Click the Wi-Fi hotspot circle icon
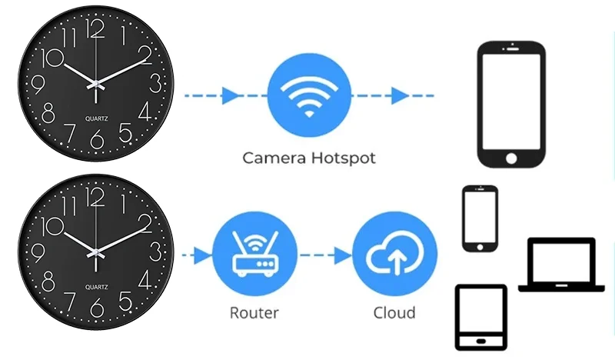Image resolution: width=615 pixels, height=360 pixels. pyautogui.click(x=309, y=95)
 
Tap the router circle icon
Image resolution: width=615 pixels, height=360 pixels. pyautogui.click(x=254, y=254)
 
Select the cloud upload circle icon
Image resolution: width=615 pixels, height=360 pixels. pyautogui.click(x=394, y=254)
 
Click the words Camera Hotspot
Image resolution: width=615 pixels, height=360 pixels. pyautogui.click(x=309, y=158)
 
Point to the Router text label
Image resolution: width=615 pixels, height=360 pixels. pyautogui.click(x=254, y=313)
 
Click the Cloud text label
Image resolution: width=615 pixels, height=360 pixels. pyautogui.click(x=394, y=313)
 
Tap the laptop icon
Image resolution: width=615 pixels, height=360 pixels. pyautogui.click(x=561, y=265)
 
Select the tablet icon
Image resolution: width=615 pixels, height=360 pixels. pyautogui.click(x=481, y=317)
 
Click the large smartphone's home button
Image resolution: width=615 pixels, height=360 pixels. pyautogui.click(x=511, y=158)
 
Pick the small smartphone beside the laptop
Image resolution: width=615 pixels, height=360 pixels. pyautogui.click(x=480, y=218)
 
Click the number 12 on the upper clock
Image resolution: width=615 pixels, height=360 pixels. pyautogui.click(x=95, y=28)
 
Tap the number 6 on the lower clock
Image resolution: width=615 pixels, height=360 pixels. pyautogui.click(x=97, y=308)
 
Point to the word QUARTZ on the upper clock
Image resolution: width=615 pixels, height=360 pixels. pyautogui.click(x=97, y=118)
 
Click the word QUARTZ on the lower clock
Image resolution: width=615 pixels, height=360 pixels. pyautogui.click(x=97, y=287)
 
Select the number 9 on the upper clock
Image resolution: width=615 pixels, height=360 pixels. pyautogui.click(x=38, y=85)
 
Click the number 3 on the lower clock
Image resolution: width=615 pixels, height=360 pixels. pyautogui.click(x=155, y=252)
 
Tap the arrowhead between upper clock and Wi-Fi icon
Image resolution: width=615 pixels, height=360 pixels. pyautogui.click(x=230, y=95)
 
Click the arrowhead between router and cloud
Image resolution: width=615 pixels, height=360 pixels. pyautogui.click(x=343, y=255)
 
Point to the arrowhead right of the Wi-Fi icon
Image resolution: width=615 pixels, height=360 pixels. pyautogui.click(x=400, y=95)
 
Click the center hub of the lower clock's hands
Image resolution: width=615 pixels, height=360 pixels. pyautogui.click(x=95, y=253)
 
